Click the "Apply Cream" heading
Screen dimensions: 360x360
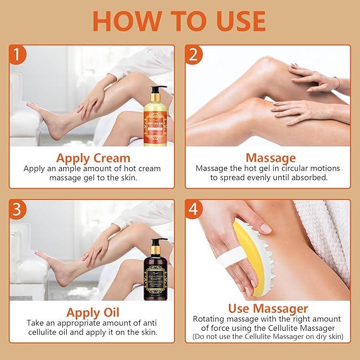tap(93, 157)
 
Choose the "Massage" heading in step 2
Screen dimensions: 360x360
tap(270, 157)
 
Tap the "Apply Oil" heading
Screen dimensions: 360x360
tap(93, 312)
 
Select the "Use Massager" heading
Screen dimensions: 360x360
tap(268, 308)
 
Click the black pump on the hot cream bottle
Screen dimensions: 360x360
tap(157, 90)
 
